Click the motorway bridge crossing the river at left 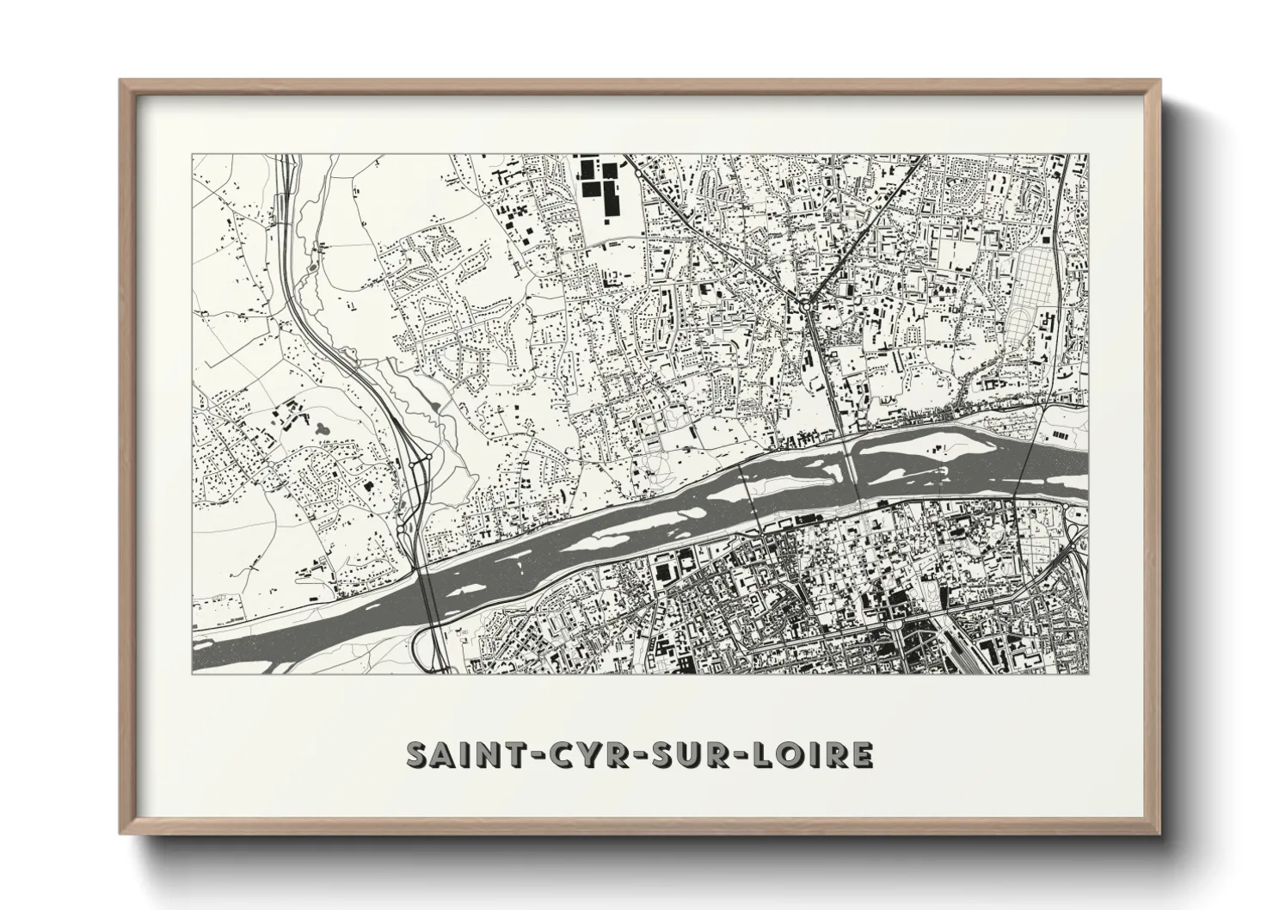coord(427,602)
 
